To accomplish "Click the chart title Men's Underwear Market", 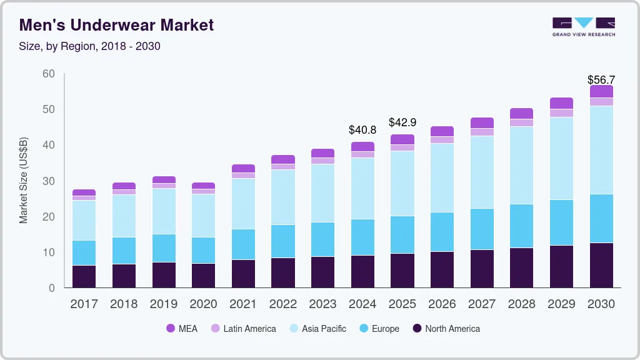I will pyautogui.click(x=116, y=25).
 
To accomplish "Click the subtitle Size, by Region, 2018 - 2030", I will pyautogui.click(x=90, y=46).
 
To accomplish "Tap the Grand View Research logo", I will pyautogui.click(x=583, y=26).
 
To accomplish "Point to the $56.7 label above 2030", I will pyautogui.click(x=601, y=79).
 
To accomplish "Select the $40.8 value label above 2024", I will pyautogui.click(x=362, y=130).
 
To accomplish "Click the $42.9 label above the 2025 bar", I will pyautogui.click(x=402, y=122).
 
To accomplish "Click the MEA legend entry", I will pyautogui.click(x=182, y=328).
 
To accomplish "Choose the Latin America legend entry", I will pyautogui.click(x=243, y=328).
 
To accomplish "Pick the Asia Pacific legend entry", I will pyautogui.click(x=317, y=328).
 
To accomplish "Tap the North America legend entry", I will pyautogui.click(x=446, y=328).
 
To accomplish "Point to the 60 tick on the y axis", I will pyautogui.click(x=48, y=74).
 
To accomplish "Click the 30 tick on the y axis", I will pyautogui.click(x=48, y=181).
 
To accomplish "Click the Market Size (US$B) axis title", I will pyautogui.click(x=24, y=181).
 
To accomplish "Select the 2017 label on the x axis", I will pyautogui.click(x=84, y=304).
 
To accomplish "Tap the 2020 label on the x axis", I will pyautogui.click(x=203, y=304).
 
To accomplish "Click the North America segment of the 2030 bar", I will pyautogui.click(x=601, y=265).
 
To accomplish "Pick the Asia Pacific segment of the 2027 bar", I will pyautogui.click(x=482, y=172).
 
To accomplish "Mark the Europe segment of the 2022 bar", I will pyautogui.click(x=283, y=241).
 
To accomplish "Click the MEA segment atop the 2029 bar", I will pyautogui.click(x=561, y=103).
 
